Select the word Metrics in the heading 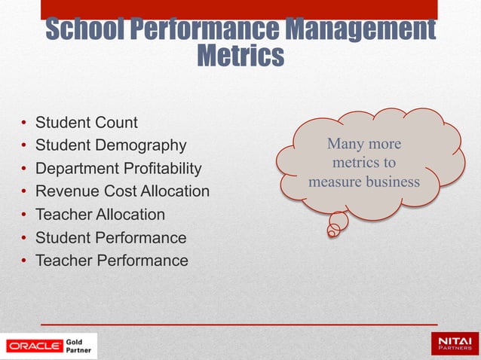click(240, 56)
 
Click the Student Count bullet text click(87, 122)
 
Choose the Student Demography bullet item click(111, 145)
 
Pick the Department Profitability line click(119, 168)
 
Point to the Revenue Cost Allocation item click(123, 191)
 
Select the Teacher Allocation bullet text click(100, 215)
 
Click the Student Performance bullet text click(111, 238)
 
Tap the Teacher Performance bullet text click(112, 261)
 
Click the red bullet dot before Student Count click(24, 123)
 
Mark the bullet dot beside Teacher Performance click(24, 261)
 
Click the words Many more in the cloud click(364, 144)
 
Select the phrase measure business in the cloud click(364, 182)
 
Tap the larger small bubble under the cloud click(339, 221)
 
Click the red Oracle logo click(34, 346)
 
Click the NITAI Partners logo click(454, 345)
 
